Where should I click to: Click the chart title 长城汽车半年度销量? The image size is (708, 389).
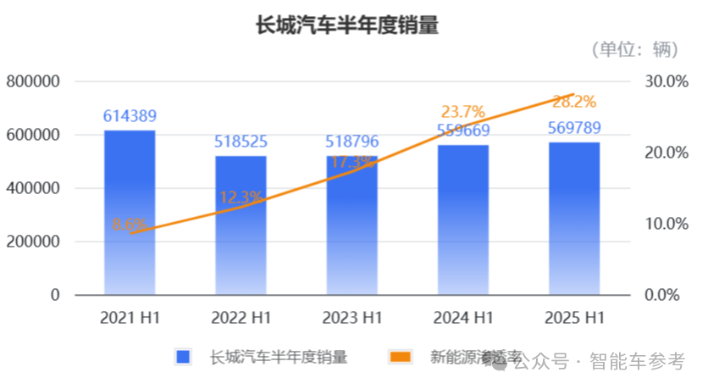pyautogui.click(x=347, y=25)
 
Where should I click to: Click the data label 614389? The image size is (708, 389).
pyautogui.click(x=130, y=116)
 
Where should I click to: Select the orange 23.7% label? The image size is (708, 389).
pyautogui.click(x=462, y=112)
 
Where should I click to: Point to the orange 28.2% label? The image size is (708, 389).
pyautogui.click(x=574, y=102)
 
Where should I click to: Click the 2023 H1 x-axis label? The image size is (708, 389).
pyautogui.click(x=351, y=319)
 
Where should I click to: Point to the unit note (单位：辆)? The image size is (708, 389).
pyautogui.click(x=635, y=50)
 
